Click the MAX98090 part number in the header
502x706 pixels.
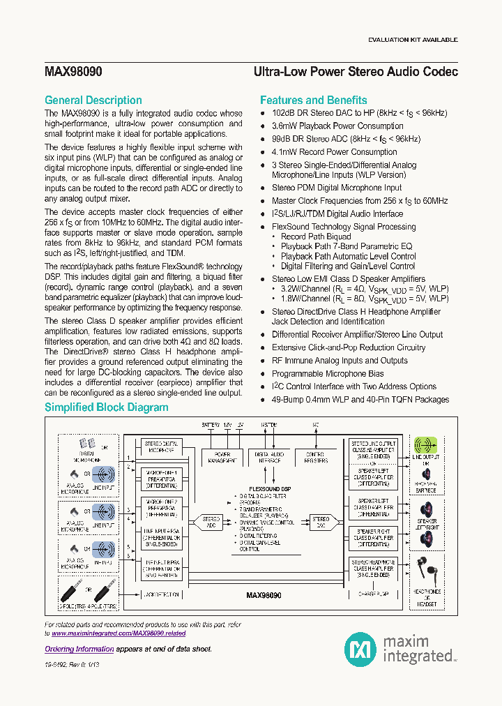[74, 72]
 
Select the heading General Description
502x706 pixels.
[93, 100]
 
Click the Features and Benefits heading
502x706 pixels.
[313, 100]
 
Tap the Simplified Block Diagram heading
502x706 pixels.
[106, 407]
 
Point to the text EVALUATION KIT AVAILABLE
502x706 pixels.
[413, 40]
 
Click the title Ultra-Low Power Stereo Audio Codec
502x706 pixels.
[356, 72]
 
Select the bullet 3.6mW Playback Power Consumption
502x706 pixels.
[337, 126]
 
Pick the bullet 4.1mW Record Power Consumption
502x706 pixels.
[334, 152]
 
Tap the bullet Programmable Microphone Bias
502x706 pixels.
[327, 374]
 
